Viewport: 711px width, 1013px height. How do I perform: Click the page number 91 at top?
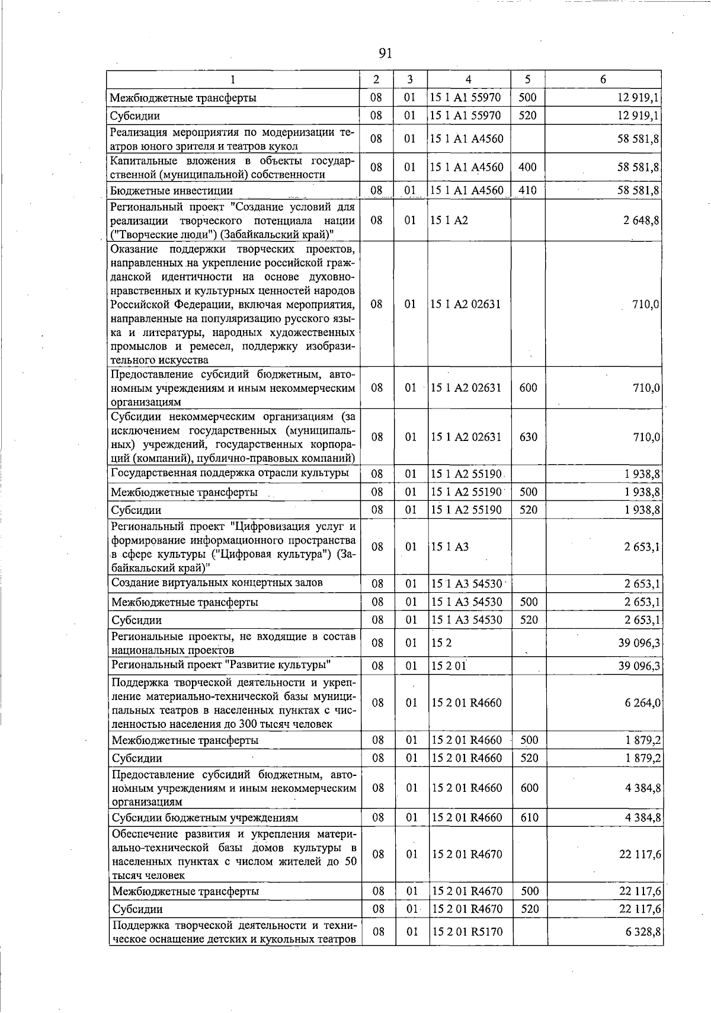[x=385, y=54]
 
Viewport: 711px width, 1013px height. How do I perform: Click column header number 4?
[x=469, y=79]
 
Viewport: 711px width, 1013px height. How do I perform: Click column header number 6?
[x=603, y=79]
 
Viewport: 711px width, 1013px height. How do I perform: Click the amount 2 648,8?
[x=643, y=221]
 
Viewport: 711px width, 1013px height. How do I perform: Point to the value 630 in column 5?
[x=528, y=437]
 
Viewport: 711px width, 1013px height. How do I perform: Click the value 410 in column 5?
[x=527, y=190]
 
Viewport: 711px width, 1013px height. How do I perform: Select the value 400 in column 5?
[x=527, y=167]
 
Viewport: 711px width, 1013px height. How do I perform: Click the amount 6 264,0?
[x=643, y=702]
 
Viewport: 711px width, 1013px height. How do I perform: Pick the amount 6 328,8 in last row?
[x=643, y=932]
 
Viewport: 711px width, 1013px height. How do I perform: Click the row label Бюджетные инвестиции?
[x=172, y=190]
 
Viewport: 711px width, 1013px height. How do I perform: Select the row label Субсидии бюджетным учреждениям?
[x=205, y=817]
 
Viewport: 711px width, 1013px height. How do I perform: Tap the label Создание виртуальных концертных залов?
[x=217, y=583]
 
